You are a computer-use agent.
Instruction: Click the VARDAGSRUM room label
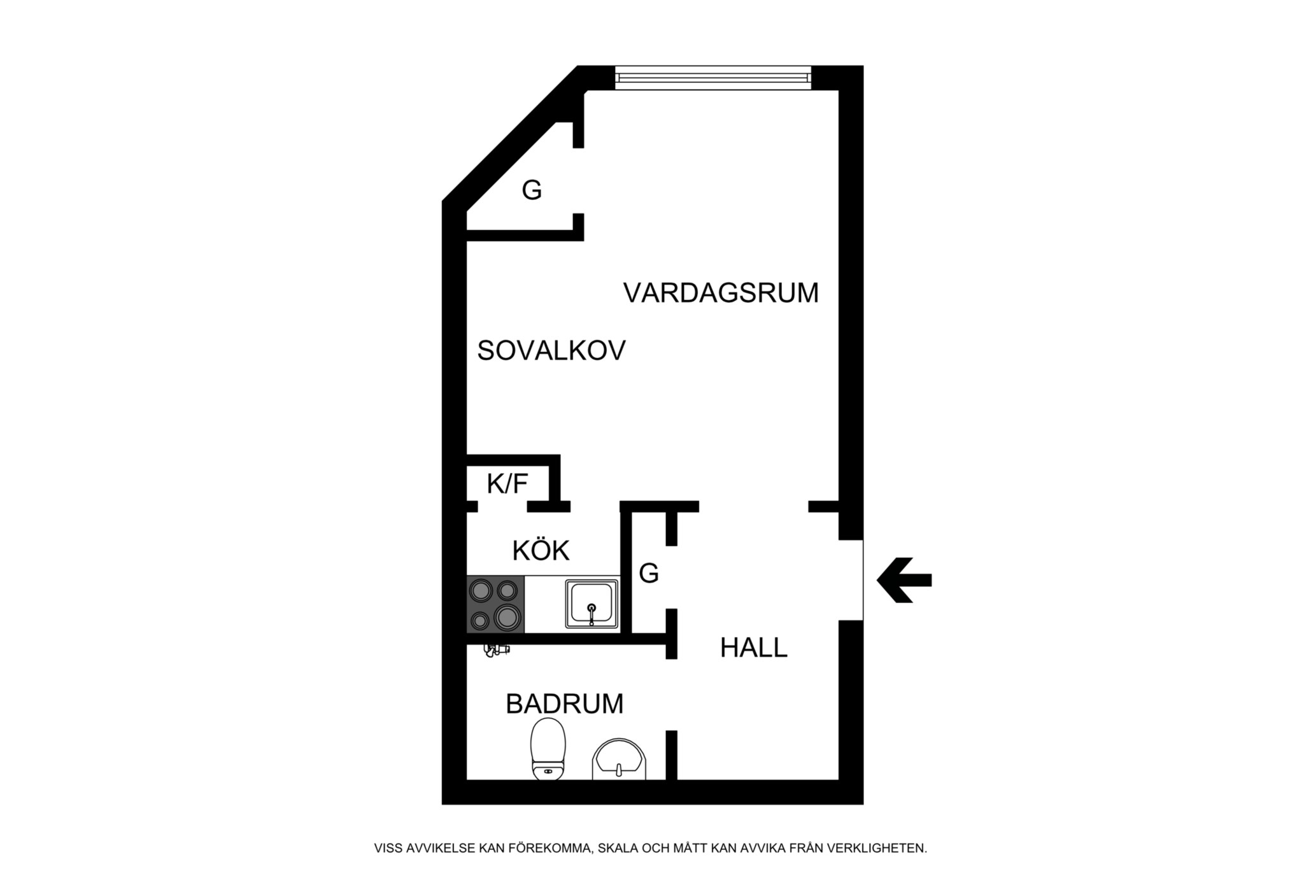721,293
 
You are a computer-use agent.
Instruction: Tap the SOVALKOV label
551,351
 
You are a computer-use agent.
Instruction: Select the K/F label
507,484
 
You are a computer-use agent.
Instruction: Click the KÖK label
541,551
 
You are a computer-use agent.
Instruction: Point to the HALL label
753,648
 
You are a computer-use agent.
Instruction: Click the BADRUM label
564,704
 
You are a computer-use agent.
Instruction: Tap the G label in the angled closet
532,190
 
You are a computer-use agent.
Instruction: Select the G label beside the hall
648,574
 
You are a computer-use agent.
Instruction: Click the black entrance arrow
904,580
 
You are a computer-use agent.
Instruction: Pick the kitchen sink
592,604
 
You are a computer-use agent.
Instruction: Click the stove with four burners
495,604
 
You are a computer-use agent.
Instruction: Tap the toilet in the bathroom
548,749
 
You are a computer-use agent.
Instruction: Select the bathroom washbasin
619,760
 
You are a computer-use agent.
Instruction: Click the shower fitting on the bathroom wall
497,650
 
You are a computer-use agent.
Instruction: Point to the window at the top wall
713,78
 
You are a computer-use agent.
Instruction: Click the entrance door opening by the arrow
851,580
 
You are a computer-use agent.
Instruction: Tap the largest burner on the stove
507,617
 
